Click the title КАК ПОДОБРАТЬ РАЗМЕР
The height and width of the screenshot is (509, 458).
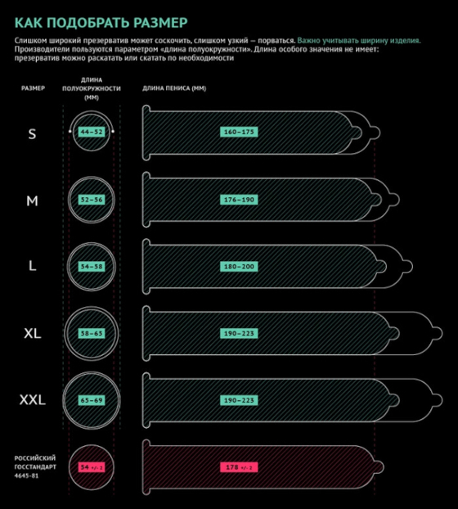[101, 23]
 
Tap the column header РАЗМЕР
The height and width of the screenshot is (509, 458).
[33, 88]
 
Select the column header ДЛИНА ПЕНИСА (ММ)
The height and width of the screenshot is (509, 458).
[174, 88]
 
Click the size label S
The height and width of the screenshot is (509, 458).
[32, 133]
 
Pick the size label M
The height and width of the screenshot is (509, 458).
[32, 201]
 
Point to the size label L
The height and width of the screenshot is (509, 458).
[32, 266]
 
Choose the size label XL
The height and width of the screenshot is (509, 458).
[33, 333]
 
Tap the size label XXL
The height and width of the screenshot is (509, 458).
[33, 400]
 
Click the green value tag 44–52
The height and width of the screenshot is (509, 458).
[92, 132]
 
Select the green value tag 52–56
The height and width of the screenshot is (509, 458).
[92, 200]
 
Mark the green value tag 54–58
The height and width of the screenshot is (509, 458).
[92, 267]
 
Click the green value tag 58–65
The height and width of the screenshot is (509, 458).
[92, 333]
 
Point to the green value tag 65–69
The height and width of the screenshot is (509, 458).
[92, 400]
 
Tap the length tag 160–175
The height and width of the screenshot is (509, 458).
[239, 132]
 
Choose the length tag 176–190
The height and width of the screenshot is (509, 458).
[239, 200]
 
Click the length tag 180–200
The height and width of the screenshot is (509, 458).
[239, 267]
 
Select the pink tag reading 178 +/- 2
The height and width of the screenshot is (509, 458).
[239, 467]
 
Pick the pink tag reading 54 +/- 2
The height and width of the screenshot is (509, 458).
[92, 467]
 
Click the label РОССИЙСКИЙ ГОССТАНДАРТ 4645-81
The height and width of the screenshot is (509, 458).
[35, 466]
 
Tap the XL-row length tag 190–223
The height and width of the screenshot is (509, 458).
[239, 333]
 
